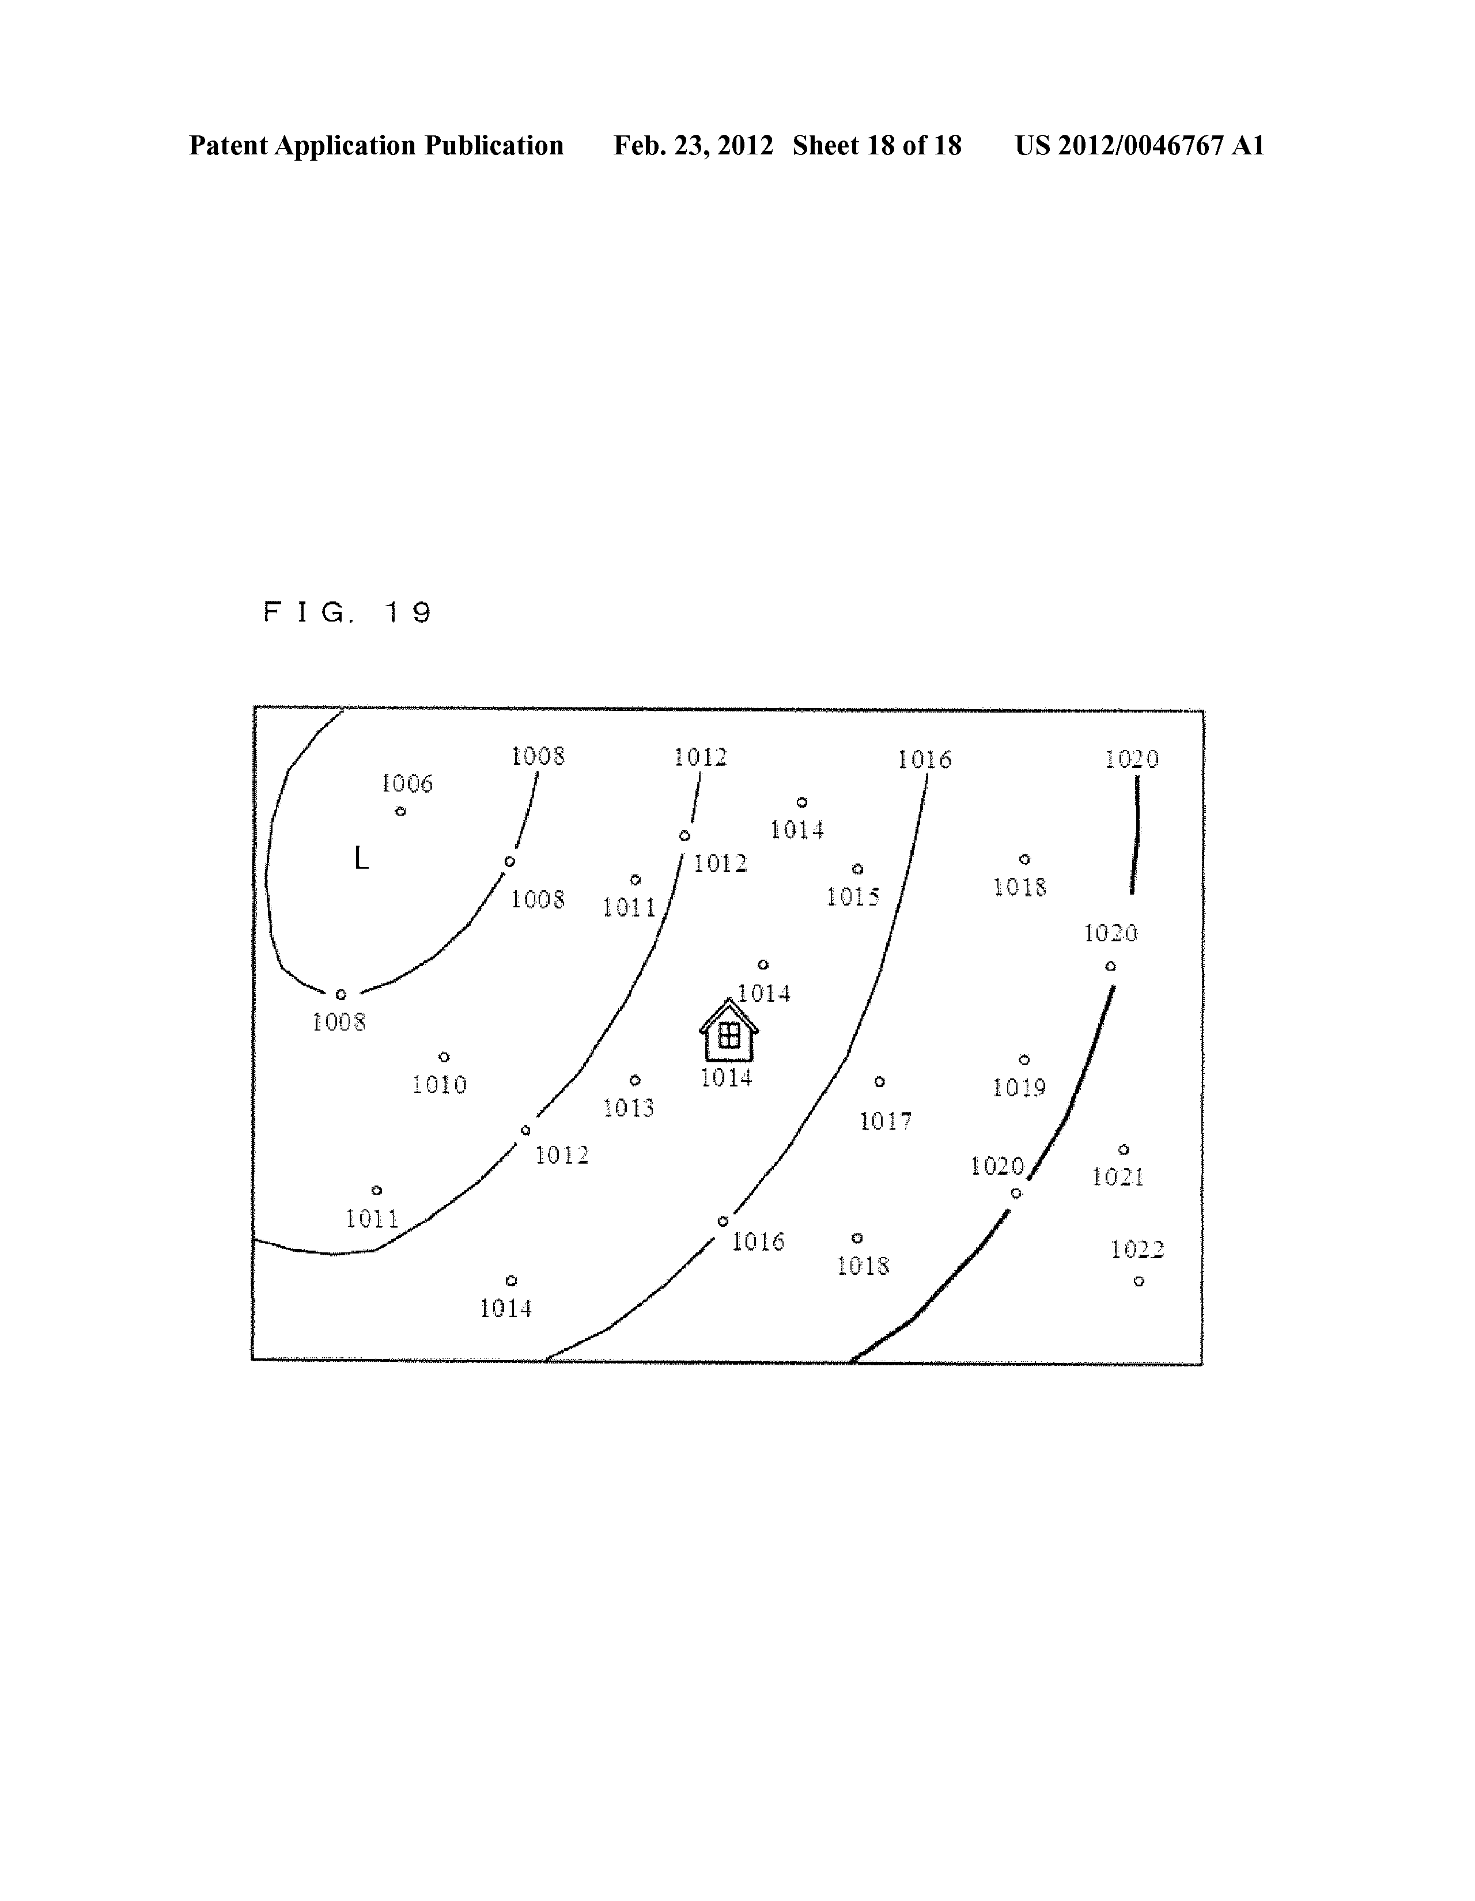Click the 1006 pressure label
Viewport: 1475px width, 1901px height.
(x=407, y=783)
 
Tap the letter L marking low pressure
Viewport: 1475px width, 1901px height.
(x=361, y=859)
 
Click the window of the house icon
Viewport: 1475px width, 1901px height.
(x=729, y=1035)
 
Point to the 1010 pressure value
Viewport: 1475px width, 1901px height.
(x=440, y=1085)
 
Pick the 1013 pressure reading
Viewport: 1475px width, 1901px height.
(x=629, y=1108)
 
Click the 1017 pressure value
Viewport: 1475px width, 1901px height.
(x=886, y=1121)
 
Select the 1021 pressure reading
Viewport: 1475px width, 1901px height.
(x=1118, y=1177)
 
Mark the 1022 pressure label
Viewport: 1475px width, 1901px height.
(x=1137, y=1250)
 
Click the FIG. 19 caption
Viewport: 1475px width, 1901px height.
(x=347, y=613)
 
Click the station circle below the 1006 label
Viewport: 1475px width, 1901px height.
(x=400, y=811)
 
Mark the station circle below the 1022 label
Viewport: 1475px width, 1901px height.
(x=1139, y=1281)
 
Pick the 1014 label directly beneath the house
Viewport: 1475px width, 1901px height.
(x=726, y=1078)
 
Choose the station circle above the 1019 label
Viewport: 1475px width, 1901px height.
(x=1024, y=1060)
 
